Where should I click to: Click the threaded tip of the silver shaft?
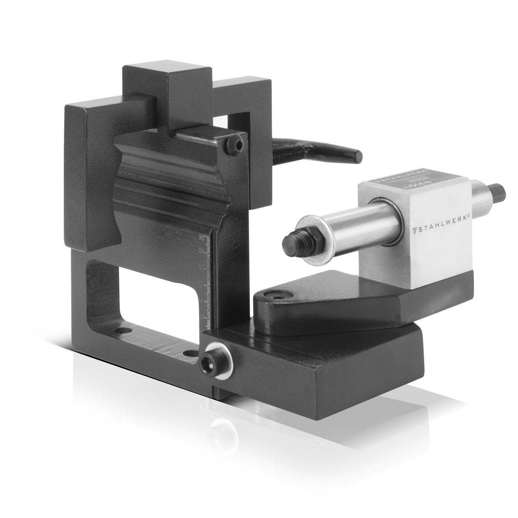(x=287, y=239)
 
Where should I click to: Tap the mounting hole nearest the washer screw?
(x=189, y=353)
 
